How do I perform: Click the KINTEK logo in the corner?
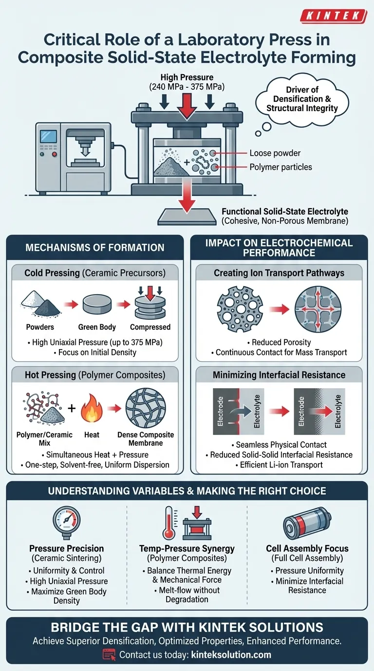pyautogui.click(x=334, y=16)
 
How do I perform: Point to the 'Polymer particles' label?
pyautogui.click(x=280, y=167)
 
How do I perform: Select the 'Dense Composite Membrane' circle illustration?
pyautogui.click(x=146, y=408)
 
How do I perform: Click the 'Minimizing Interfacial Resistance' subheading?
pyautogui.click(x=279, y=375)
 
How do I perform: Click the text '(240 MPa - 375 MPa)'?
pyautogui.click(x=187, y=87)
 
